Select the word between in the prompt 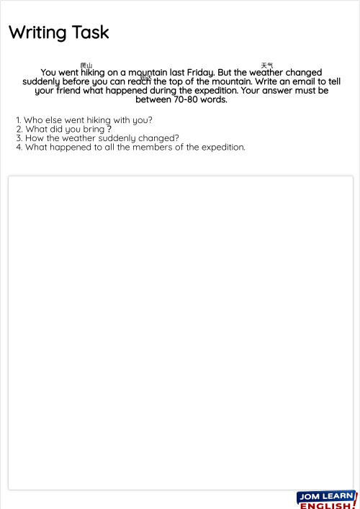(x=153, y=99)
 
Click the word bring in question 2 (x=94, y=129)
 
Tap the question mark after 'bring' (x=109, y=129)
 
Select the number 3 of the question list (x=18, y=138)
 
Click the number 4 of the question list (x=18, y=148)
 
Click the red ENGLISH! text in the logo (x=325, y=505)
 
